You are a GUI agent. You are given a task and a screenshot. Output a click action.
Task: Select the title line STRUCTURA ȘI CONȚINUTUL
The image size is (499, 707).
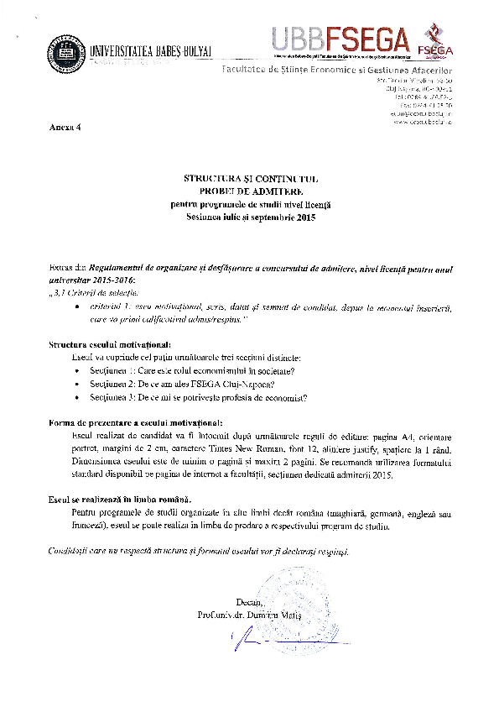(251, 178)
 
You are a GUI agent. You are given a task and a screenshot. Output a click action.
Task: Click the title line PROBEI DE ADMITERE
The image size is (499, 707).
(251, 191)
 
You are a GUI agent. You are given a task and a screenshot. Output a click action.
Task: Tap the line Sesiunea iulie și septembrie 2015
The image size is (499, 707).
(251, 216)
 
